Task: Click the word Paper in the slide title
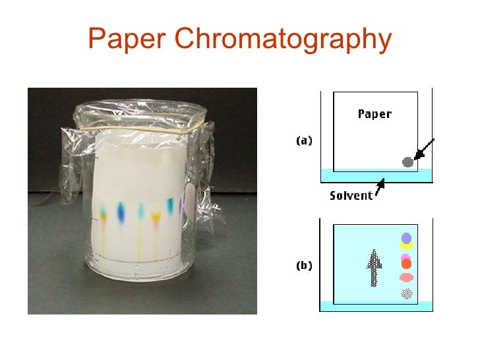click(127, 40)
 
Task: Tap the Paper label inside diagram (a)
click(375, 114)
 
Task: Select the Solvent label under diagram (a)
click(351, 196)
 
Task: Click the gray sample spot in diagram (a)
click(407, 162)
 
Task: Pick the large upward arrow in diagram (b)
click(374, 266)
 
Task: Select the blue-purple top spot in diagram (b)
click(406, 238)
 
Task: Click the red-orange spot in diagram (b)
click(406, 264)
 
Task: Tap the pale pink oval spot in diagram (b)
click(406, 278)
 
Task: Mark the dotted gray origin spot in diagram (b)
click(406, 293)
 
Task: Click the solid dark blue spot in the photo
click(121, 211)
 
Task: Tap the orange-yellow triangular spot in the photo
click(156, 216)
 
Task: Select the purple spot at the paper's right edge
click(180, 205)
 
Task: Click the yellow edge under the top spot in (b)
click(406, 246)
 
